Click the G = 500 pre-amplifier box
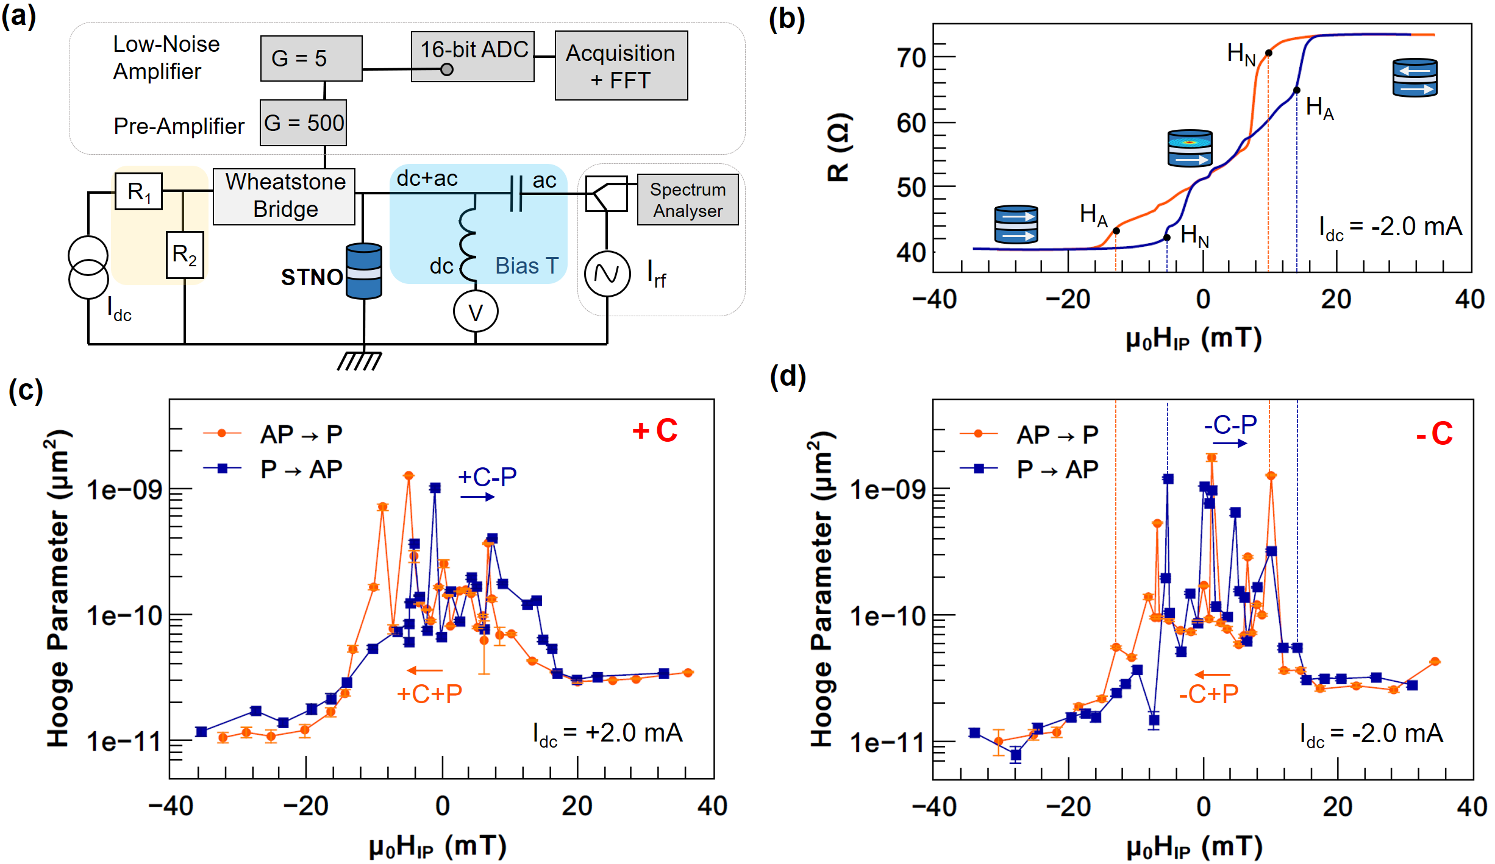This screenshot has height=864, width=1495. coord(303,123)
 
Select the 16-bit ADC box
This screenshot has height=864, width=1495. coord(473,56)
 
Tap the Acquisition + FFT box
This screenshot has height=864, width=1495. coord(621,66)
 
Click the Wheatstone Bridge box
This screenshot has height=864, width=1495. coord(284,196)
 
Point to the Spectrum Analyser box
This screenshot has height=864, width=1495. coord(687,200)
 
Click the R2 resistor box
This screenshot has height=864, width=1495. coord(185,255)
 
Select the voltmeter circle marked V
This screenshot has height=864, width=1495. coord(475,312)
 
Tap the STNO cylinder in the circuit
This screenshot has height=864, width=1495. coord(363,271)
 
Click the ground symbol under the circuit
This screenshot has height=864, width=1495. coord(360,361)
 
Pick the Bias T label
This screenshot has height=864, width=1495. coord(526,266)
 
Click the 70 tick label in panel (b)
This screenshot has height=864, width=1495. coord(911,58)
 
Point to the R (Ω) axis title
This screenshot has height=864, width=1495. coord(839,147)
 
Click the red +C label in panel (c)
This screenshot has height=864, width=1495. coord(655,431)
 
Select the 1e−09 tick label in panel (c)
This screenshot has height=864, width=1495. coord(124,490)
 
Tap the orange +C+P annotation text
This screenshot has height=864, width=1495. coord(429,693)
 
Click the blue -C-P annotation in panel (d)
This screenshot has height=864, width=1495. coord(1230,425)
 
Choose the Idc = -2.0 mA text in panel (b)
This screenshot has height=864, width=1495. coord(1390,228)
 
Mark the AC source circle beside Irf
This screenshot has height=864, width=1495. coord(607,274)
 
